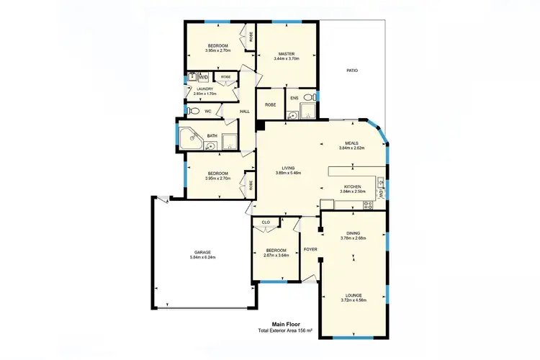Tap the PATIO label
coord(351,71)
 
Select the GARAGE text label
coord(202,252)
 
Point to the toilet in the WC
coord(193,112)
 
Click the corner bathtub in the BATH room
coord(190,136)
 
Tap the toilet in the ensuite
coord(308,98)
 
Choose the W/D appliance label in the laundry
coord(204,77)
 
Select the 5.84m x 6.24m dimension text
coord(202,257)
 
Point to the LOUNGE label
coord(353,294)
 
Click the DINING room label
coord(353,233)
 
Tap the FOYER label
coord(310,249)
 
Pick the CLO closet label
coord(266,222)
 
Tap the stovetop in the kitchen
coord(367,205)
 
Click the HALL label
coord(244,112)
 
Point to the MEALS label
coord(351,143)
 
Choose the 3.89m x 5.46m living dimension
coord(288,173)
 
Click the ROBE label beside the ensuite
coord(270,105)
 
